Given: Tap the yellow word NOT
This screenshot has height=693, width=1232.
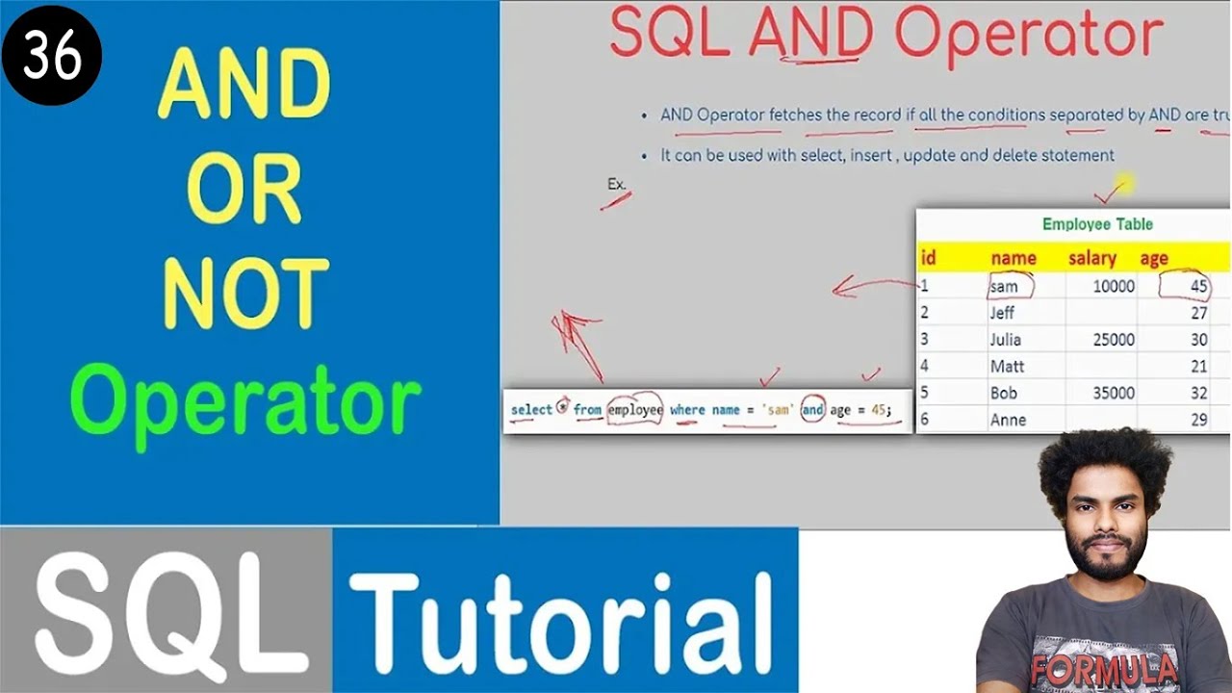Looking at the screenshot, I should click(x=245, y=294).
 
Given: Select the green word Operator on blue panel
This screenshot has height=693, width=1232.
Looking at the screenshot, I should click(x=245, y=402).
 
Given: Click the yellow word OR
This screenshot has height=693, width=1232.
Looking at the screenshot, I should click(x=245, y=188).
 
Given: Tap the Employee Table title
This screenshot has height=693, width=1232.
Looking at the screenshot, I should click(x=1097, y=224).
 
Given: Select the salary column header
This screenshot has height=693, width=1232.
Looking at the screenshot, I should click(x=1091, y=258).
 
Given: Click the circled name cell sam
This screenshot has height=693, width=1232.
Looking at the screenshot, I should click(x=1007, y=286).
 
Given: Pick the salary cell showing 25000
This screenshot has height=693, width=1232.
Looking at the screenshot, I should click(x=1113, y=340).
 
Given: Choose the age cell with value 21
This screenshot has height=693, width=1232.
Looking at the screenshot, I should click(x=1198, y=367).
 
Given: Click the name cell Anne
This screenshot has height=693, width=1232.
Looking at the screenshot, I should click(x=1008, y=420).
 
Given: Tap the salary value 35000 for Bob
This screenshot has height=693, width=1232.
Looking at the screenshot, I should click(x=1113, y=393).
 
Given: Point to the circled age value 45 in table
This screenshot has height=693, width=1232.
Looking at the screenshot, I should click(x=1195, y=286).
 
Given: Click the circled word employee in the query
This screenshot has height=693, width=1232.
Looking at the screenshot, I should click(x=635, y=410).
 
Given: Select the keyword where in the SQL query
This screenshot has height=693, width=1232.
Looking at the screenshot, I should click(x=687, y=410).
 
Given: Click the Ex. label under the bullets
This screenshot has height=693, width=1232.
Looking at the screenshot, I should click(x=616, y=184).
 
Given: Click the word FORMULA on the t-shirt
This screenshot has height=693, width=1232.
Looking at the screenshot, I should click(x=1103, y=668).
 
